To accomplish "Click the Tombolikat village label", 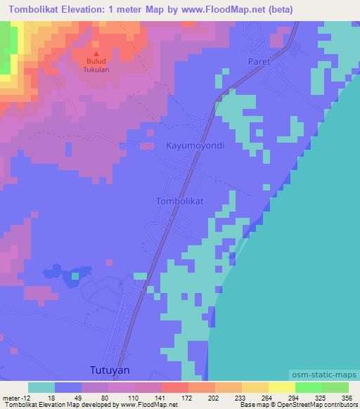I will pyautogui.click(x=179, y=201).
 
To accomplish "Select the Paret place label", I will pyautogui.click(x=259, y=62).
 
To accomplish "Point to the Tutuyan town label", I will pyautogui.click(x=112, y=369).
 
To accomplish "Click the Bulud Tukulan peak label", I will pyautogui.click(x=97, y=67).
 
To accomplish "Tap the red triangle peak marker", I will pyautogui.click(x=96, y=53).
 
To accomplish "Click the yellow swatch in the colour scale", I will pyautogui.click(x=282, y=388).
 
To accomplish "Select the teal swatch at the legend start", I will pyautogui.click(x=41, y=388).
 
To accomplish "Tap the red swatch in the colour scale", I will pyautogui.click(x=175, y=388).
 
